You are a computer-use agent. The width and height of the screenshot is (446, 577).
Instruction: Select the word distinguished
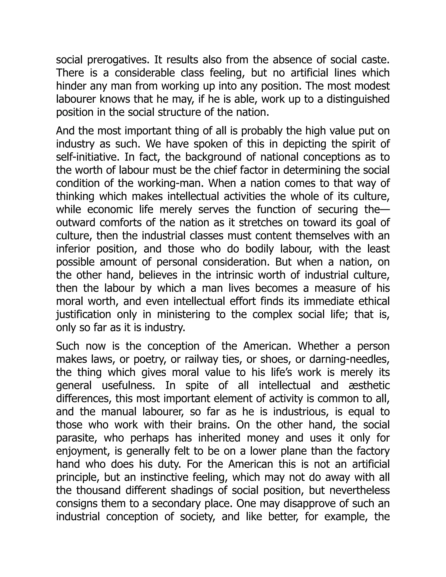[x=358, y=99]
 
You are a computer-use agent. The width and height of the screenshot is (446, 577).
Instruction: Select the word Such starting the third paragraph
[x=68, y=346]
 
